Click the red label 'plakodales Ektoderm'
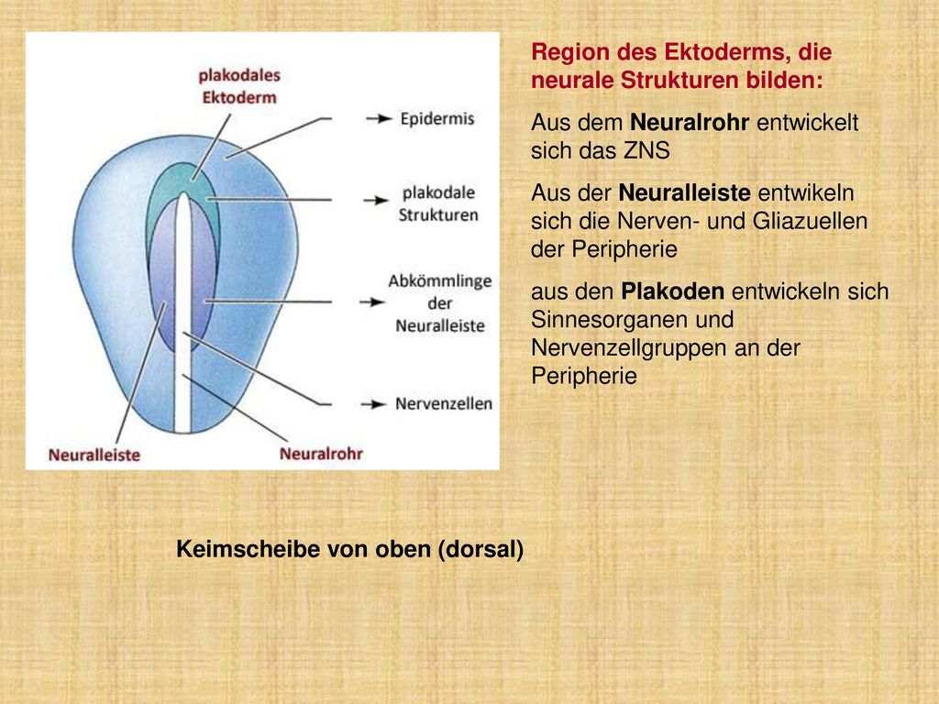tap(239, 86)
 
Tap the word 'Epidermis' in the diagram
tap(437, 118)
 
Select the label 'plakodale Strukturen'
tap(438, 203)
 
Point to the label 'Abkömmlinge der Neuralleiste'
tap(440, 302)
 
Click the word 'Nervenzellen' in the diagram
tap(444, 403)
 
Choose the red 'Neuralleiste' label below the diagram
tap(94, 455)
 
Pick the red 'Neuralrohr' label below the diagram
tap(321, 454)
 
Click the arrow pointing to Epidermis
tap(379, 118)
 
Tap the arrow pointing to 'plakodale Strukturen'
tap(376, 200)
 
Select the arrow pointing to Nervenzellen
tap(374, 404)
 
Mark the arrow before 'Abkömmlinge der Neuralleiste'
tap(372, 302)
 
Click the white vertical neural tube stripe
tap(182, 312)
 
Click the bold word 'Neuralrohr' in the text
tap(690, 122)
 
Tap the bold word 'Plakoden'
tap(672, 291)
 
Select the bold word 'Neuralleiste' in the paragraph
tap(684, 192)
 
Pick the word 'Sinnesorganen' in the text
tap(632, 320)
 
